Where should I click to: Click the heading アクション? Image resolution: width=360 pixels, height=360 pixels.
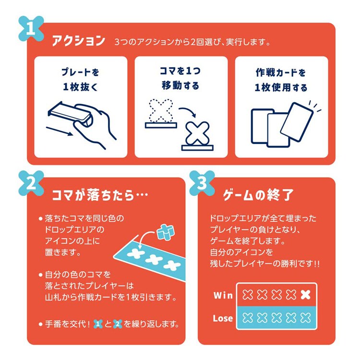point(78,41)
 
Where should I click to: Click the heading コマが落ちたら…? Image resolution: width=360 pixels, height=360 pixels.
point(98,195)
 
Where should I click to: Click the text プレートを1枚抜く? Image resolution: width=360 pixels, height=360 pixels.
point(80,80)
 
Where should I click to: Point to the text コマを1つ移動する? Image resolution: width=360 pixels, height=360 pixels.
point(180,79)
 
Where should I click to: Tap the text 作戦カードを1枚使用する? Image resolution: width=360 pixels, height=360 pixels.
point(281,80)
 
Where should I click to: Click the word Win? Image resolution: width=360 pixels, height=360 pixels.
point(223,295)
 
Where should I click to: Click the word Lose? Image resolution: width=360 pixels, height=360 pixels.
point(223,318)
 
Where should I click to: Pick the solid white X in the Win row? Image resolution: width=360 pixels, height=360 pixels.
point(305,295)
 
